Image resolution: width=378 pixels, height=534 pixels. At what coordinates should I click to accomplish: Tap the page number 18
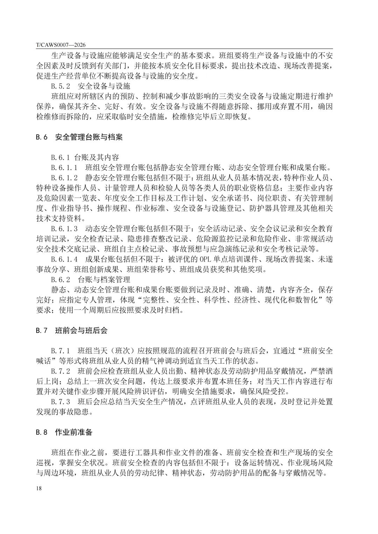click(38, 488)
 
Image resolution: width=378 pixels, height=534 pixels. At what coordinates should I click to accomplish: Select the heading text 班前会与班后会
click(81, 330)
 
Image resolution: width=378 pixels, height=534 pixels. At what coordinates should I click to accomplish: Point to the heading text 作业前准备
click(73, 432)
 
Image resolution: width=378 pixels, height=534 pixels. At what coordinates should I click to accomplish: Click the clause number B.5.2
click(61, 86)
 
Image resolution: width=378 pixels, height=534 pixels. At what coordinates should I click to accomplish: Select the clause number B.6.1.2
click(64, 178)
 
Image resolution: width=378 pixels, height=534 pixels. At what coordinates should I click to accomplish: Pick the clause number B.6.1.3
click(64, 229)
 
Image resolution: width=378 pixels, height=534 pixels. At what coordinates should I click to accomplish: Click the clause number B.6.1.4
click(64, 259)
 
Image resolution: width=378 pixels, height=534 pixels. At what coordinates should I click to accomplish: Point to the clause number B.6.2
click(61, 280)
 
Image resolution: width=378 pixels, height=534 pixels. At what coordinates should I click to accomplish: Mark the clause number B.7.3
click(61, 402)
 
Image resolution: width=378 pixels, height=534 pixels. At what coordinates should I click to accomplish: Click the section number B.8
click(41, 432)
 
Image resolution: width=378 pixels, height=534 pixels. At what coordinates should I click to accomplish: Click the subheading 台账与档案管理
click(104, 280)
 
